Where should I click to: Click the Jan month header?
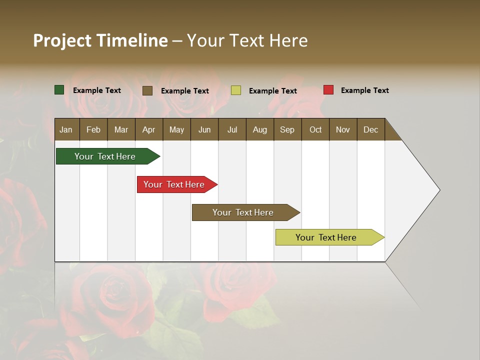[66, 129]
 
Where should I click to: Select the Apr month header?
[149, 129]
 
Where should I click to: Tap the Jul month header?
[232, 129]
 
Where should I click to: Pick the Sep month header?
[287, 129]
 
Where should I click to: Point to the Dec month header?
[370, 129]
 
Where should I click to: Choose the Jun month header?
[204, 129]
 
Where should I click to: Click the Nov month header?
[342, 129]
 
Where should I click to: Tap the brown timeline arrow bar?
[243, 212]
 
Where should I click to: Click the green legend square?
[59, 90]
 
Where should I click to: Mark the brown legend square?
[147, 90]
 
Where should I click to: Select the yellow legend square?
[236, 90]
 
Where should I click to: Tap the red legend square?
[328, 90]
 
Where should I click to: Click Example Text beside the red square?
[364, 90]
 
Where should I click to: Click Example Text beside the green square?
[97, 90]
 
